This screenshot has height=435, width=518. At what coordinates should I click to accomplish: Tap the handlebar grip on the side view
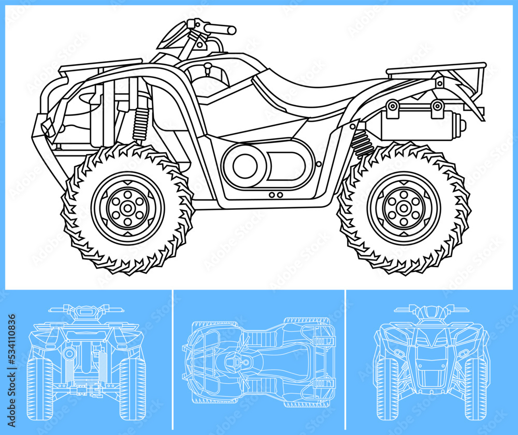tap(223, 29)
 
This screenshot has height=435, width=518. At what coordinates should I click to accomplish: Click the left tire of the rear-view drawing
tap(39, 388)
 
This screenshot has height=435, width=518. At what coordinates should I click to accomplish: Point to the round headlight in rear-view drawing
tap(69, 354)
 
